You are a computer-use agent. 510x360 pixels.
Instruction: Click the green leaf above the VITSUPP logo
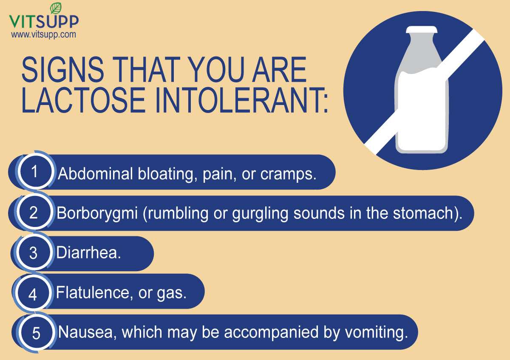coord(55,8)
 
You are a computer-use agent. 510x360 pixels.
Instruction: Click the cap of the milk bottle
coord(421,30)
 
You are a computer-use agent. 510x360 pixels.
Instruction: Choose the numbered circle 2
coord(34,213)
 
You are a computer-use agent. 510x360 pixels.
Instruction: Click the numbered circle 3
coord(34,254)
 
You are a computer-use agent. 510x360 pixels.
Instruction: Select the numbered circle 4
coord(33,294)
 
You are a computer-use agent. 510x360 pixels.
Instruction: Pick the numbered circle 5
coord(36,333)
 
